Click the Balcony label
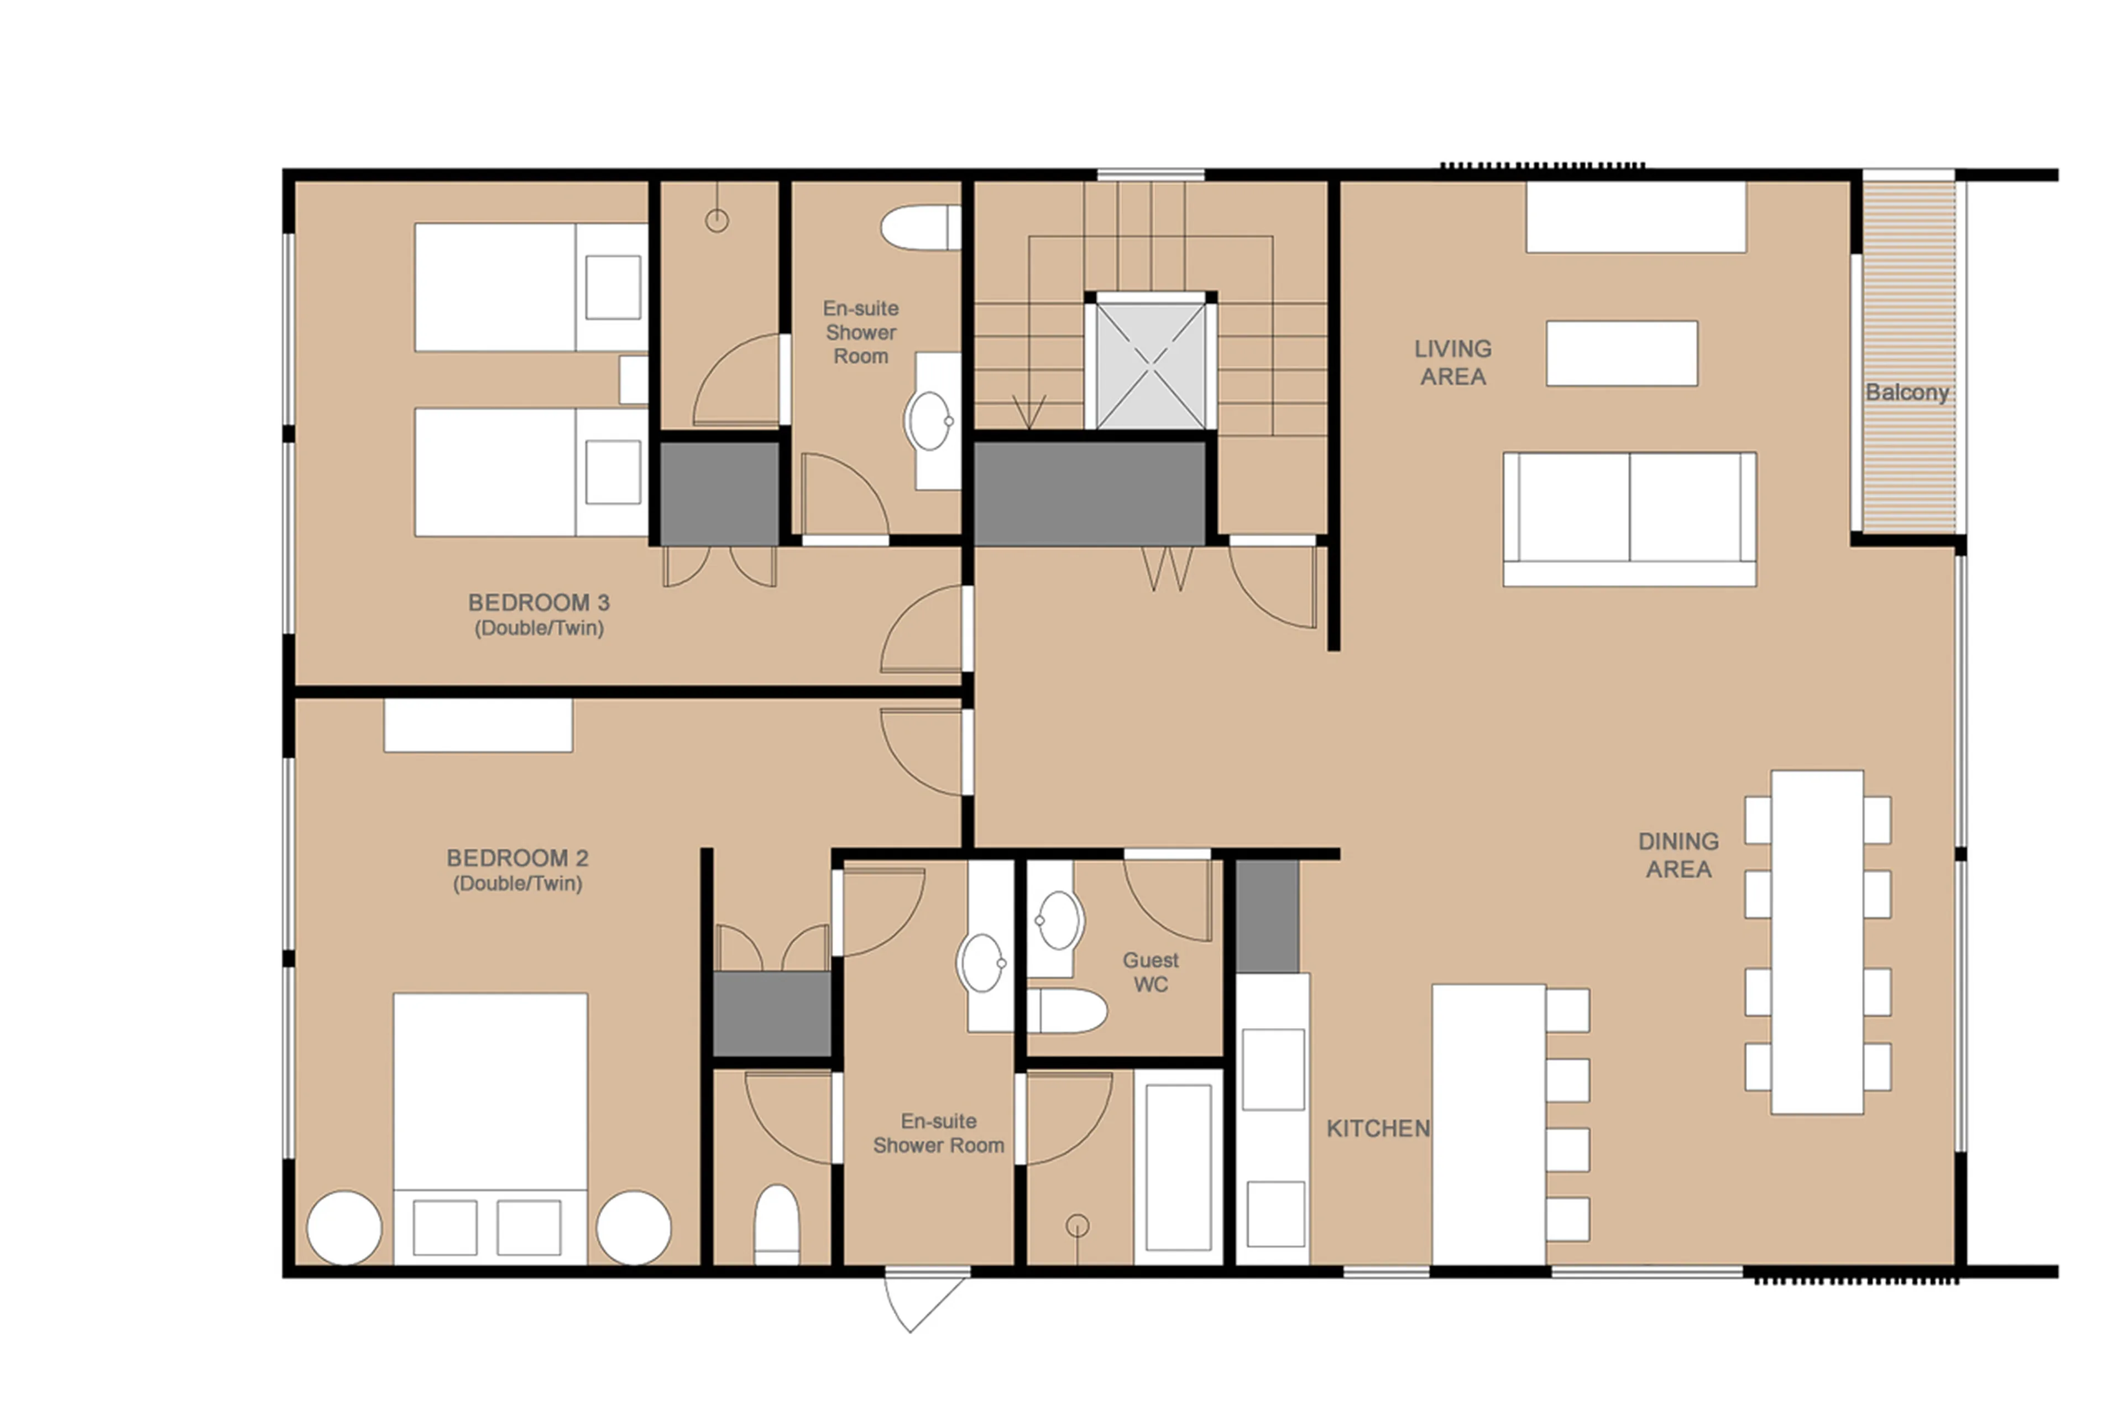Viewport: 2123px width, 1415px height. (x=1906, y=393)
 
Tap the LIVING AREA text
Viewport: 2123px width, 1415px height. (x=1452, y=362)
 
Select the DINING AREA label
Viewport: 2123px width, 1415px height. (x=1677, y=855)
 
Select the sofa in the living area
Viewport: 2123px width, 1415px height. (x=1629, y=519)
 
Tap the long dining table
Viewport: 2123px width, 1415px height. (x=1816, y=941)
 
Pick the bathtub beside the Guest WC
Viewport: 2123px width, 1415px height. (x=1178, y=1167)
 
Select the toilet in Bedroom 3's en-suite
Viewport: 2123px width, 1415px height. (x=918, y=227)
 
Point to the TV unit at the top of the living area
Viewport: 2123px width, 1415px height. (x=1635, y=217)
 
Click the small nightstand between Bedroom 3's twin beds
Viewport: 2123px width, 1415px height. (x=632, y=379)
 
